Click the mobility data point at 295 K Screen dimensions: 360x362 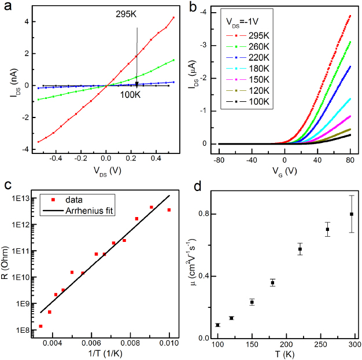point(351,214)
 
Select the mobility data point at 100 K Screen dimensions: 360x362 point(217,325)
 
